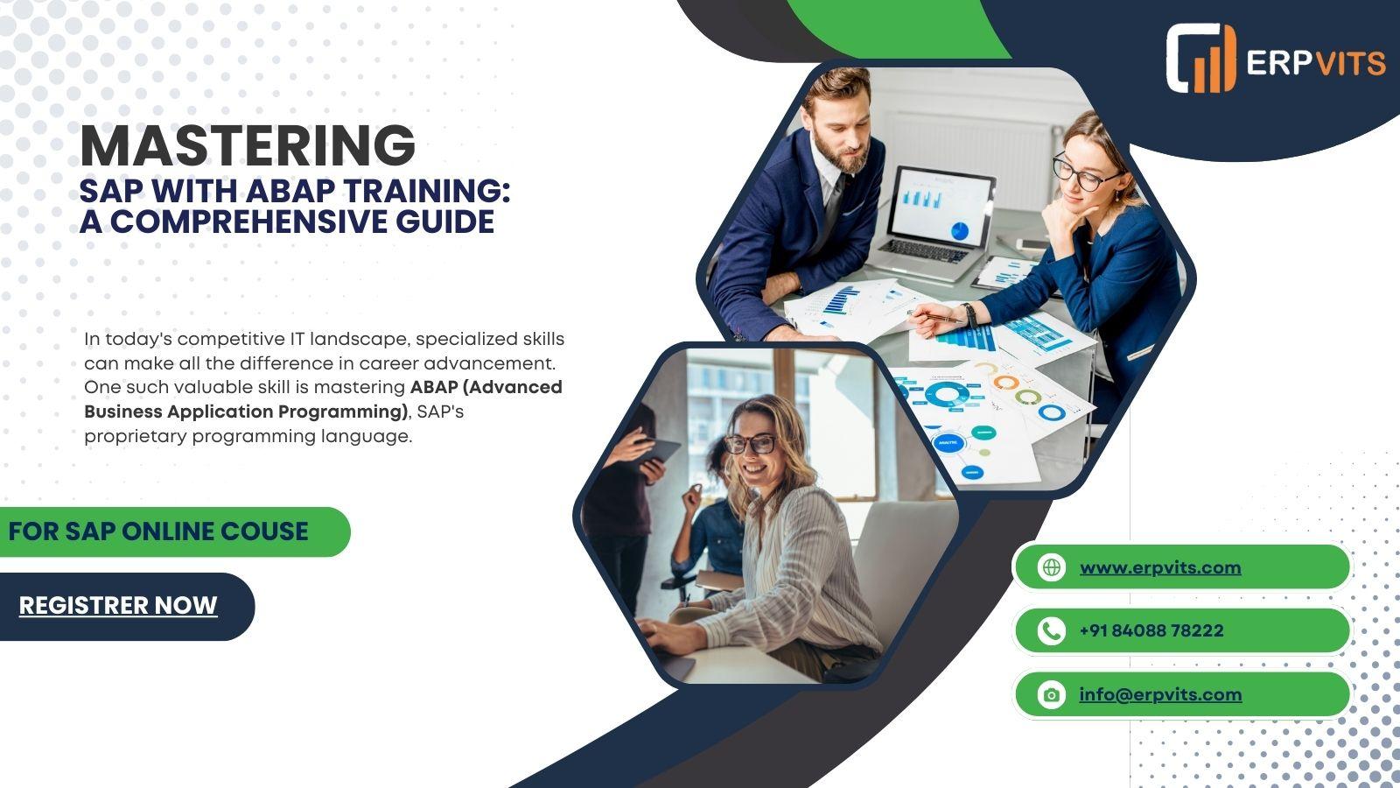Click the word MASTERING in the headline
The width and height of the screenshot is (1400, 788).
click(x=248, y=145)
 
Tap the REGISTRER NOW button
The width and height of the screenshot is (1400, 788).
click(x=118, y=605)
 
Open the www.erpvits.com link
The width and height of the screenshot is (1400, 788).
click(x=1160, y=567)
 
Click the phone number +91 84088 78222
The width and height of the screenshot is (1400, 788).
click(x=1151, y=630)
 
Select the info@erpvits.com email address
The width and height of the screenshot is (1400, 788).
click(x=1160, y=694)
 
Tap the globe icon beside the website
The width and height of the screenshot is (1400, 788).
click(x=1051, y=567)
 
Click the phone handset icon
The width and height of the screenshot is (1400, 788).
click(x=1051, y=630)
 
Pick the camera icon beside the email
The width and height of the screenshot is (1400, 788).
click(x=1051, y=695)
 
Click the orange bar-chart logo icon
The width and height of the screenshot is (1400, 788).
click(x=1201, y=59)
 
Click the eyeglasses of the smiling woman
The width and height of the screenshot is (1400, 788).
click(x=751, y=444)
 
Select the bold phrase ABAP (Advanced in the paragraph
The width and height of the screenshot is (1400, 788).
click(x=486, y=388)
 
